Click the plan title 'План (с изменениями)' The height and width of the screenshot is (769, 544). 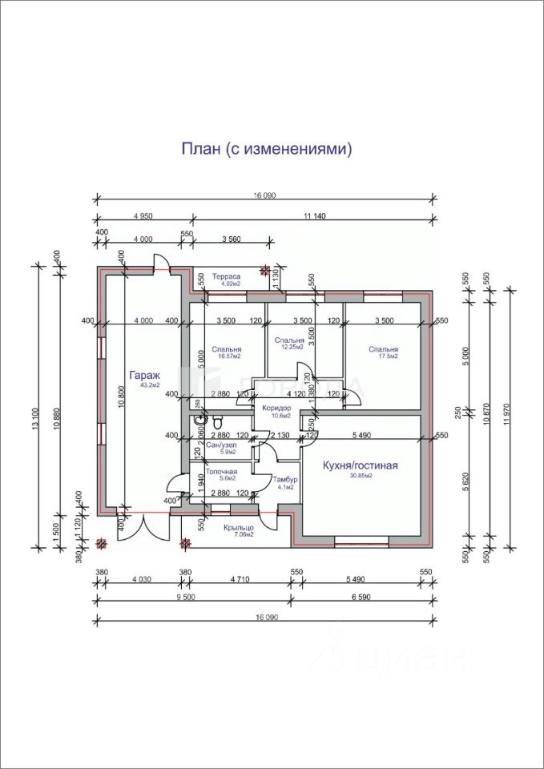(x=267, y=149)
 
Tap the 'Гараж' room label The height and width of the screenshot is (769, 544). (x=147, y=374)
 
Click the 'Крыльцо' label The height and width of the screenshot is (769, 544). (x=240, y=526)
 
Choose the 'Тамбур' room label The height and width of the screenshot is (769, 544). (x=284, y=478)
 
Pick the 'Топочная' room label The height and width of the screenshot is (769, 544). (x=222, y=472)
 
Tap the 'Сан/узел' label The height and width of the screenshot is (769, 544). (x=221, y=444)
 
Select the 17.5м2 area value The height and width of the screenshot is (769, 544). (x=384, y=357)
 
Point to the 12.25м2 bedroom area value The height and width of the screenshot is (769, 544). (x=292, y=348)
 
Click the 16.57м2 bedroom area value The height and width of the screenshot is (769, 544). (x=228, y=357)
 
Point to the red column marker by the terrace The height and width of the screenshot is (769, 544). (x=265, y=271)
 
